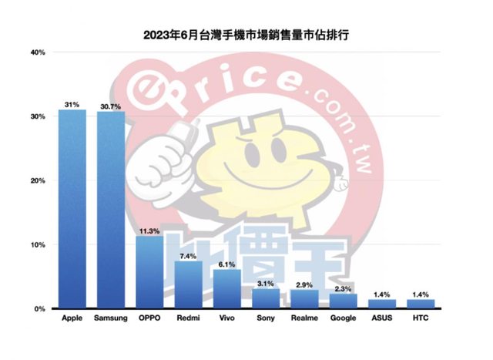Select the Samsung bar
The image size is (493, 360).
(x=111, y=210)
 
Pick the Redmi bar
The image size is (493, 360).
(x=188, y=284)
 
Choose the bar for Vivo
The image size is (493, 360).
(x=227, y=289)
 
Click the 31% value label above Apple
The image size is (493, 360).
(x=72, y=104)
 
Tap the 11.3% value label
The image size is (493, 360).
(x=149, y=230)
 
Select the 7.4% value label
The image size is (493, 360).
(x=188, y=255)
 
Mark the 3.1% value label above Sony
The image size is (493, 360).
(x=266, y=283)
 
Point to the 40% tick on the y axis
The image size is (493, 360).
(x=39, y=52)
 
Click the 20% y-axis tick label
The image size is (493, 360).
(x=39, y=180)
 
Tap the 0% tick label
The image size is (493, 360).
(x=41, y=309)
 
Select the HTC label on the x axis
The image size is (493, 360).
(x=421, y=318)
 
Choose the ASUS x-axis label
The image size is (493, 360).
(x=382, y=318)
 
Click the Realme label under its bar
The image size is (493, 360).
(x=304, y=318)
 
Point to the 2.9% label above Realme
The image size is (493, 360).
(x=304, y=285)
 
